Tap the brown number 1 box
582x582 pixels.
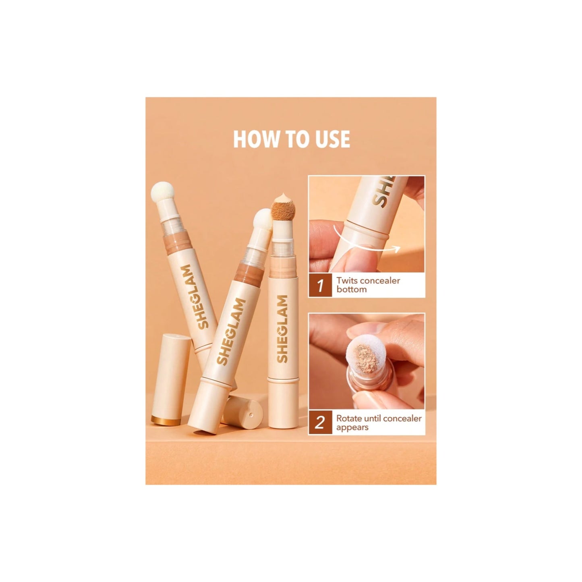tap(320, 285)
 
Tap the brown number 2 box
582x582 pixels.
tap(320, 423)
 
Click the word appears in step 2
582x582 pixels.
tap(352, 427)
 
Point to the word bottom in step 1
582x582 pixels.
tap(351, 289)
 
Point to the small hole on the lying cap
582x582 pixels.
tap(250, 414)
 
